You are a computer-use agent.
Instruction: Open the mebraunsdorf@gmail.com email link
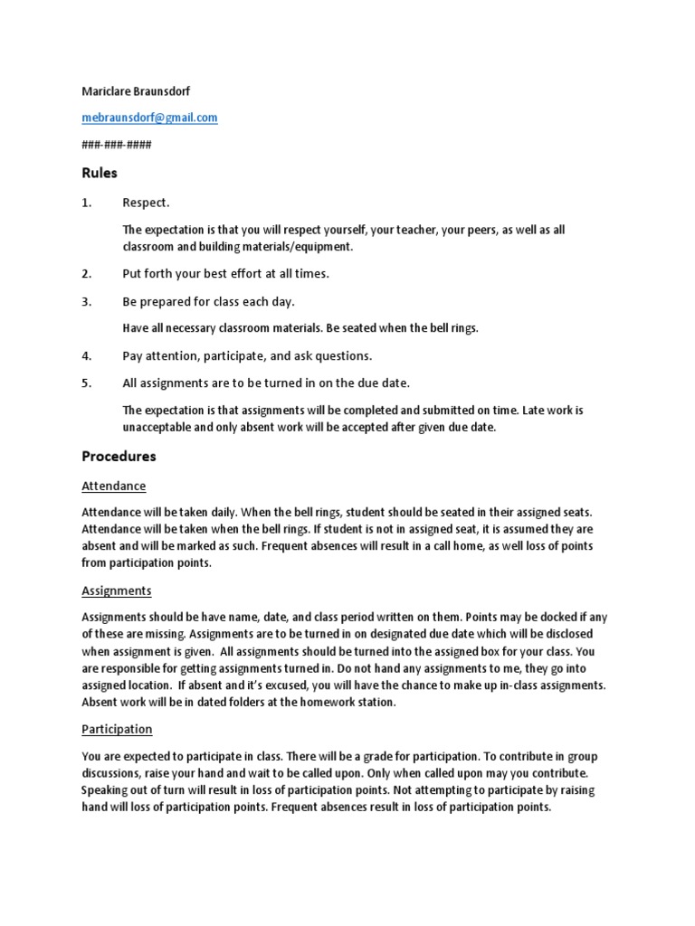coord(149,118)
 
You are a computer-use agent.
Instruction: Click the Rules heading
coord(100,172)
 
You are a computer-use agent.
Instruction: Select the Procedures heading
coord(119,456)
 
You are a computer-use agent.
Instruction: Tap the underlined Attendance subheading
coord(113,486)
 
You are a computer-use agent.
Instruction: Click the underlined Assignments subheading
coord(117,591)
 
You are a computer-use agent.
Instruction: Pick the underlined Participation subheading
coord(117,728)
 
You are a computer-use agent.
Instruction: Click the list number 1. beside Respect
coord(87,203)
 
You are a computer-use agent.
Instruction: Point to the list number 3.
coord(87,301)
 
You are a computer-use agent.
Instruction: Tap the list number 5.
coord(87,383)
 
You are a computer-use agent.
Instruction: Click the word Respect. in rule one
coord(146,203)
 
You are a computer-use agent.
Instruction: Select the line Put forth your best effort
coord(225,273)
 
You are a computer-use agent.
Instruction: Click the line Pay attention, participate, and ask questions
coord(247,355)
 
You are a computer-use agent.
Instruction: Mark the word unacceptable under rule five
coord(157,427)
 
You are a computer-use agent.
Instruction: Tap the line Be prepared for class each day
coord(208,301)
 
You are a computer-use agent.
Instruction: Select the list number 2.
coord(87,273)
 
